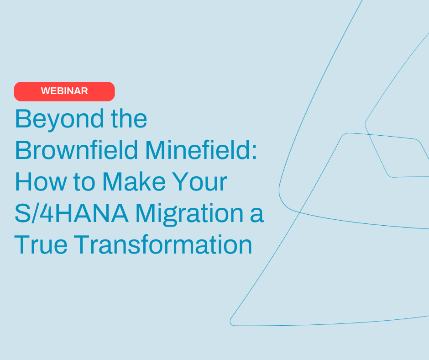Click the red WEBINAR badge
[x=64, y=91]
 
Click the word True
[x=41, y=245]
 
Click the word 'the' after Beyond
[x=127, y=119]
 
